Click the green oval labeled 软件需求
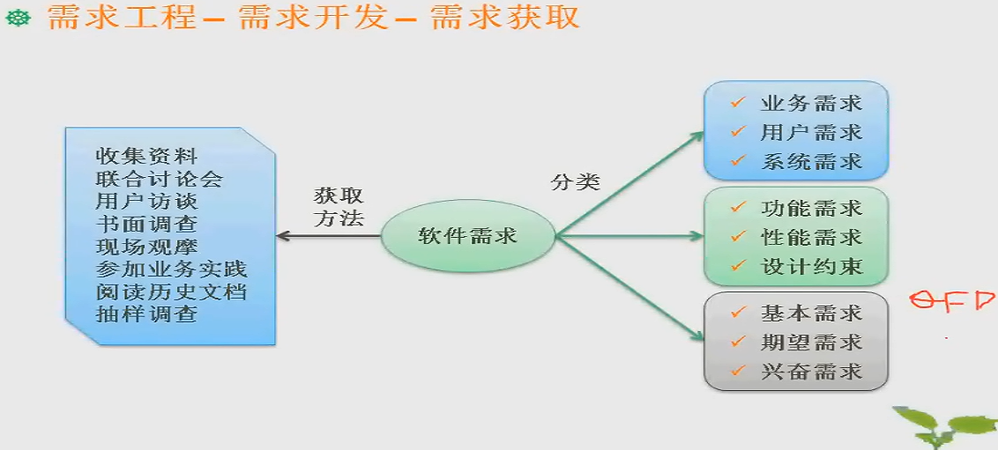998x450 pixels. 467,236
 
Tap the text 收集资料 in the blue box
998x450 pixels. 146,156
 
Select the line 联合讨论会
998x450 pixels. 159,179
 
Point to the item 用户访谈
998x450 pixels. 146,201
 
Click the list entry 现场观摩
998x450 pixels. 146,246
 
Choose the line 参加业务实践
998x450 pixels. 171,269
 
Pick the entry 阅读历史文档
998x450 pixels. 171,291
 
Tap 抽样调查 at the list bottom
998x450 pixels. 146,314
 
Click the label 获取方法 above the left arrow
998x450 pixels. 339,208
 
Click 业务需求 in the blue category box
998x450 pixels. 811,103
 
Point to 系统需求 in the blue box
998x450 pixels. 811,162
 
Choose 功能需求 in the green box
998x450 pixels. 811,209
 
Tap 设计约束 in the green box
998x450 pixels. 811,266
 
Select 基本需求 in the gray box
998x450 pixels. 811,313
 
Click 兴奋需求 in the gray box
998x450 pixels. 811,371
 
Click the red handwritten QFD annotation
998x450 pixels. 952,302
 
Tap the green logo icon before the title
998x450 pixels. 19,18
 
